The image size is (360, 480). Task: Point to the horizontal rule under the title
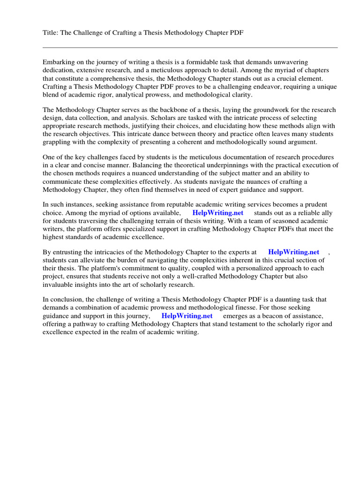(190, 47)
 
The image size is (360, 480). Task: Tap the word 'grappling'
(58, 142)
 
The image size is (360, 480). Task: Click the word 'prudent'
(314, 205)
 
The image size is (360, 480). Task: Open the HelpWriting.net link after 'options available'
(218, 213)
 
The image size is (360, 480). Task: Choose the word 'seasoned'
(282, 221)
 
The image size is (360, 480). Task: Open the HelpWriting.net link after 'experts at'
(293, 252)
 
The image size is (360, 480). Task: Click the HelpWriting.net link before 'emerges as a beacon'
(187, 316)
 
